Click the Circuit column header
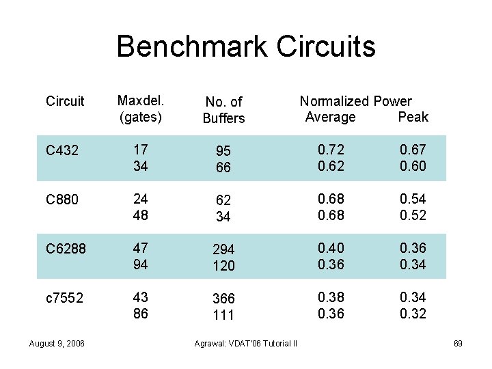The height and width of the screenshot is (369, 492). [x=65, y=102]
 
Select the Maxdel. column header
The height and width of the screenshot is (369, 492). [x=140, y=101]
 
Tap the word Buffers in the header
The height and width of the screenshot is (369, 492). [x=223, y=119]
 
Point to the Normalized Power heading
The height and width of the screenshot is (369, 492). [x=355, y=101]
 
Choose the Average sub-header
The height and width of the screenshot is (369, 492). [x=330, y=117]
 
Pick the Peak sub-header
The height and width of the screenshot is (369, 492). [x=413, y=117]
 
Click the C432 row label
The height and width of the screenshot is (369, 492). [x=62, y=151]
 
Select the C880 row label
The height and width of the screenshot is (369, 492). [x=62, y=200]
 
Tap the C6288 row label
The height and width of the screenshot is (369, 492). [x=66, y=249]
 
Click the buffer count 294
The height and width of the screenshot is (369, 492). [x=223, y=249]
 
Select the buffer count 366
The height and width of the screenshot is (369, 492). [x=223, y=299]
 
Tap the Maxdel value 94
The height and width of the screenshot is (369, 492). [x=141, y=264]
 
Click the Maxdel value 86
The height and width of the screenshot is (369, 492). [x=141, y=313]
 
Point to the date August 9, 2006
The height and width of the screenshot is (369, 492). [x=57, y=343]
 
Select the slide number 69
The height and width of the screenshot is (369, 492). [x=458, y=343]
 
